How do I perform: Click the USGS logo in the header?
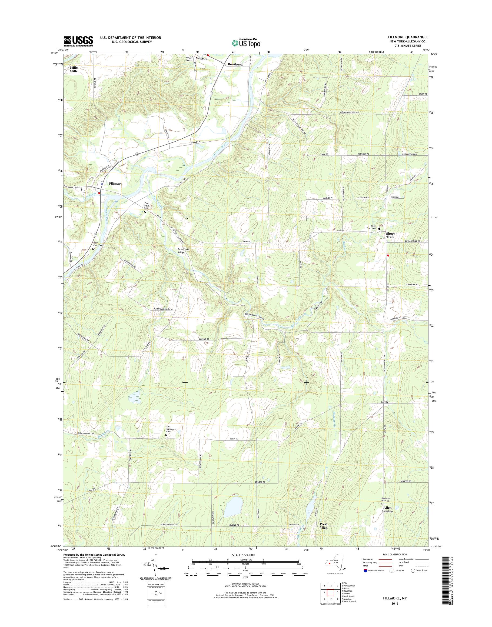pyautogui.click(x=78, y=41)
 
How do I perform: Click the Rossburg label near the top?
pyautogui.click(x=235, y=64)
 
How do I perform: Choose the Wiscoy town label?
pyautogui.click(x=201, y=58)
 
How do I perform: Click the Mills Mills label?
pyautogui.click(x=74, y=69)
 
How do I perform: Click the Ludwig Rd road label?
pyautogui.click(x=204, y=339)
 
